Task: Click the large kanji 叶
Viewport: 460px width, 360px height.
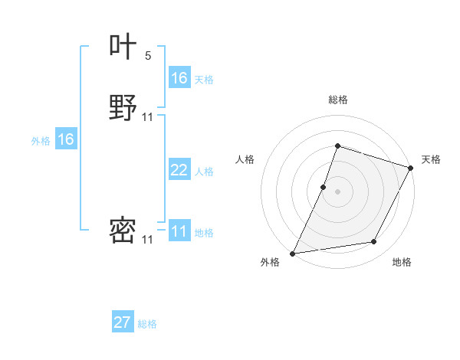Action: tap(123, 47)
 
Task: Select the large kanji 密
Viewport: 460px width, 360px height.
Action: tap(123, 231)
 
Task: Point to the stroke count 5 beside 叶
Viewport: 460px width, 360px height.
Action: tap(148, 55)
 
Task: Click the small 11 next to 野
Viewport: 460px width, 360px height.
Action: tap(148, 116)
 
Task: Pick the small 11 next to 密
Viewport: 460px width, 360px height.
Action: tap(148, 240)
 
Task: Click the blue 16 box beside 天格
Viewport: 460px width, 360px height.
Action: tap(179, 78)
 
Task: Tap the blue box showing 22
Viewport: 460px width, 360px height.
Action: tap(179, 170)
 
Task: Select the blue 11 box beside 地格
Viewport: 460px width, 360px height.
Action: tap(179, 231)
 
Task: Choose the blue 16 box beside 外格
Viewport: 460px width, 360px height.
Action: tap(66, 139)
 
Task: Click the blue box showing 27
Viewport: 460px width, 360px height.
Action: tap(123, 322)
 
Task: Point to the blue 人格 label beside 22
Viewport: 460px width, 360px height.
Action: tap(204, 172)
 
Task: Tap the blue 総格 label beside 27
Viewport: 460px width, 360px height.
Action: tap(147, 324)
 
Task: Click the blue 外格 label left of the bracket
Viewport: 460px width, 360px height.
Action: tap(41, 141)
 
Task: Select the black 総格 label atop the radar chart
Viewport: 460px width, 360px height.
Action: tap(337, 100)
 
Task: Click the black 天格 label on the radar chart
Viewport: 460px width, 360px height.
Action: tap(431, 159)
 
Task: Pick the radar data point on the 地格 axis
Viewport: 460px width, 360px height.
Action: tap(374, 242)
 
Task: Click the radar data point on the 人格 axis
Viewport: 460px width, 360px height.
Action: tap(324, 187)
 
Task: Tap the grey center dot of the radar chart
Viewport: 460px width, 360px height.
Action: tap(337, 191)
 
